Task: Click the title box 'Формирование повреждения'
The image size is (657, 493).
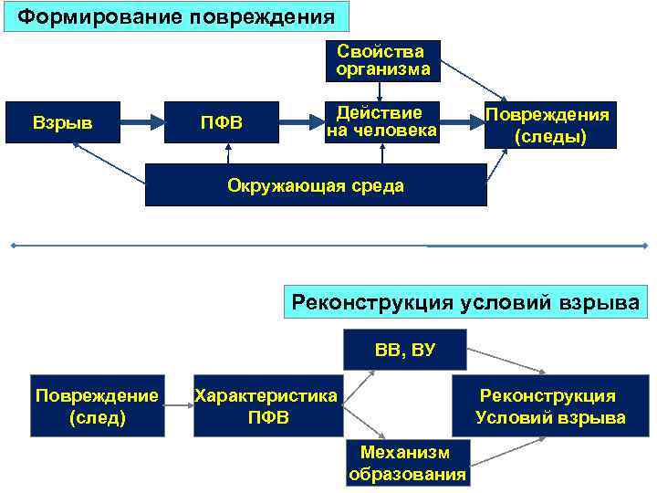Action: tap(176, 16)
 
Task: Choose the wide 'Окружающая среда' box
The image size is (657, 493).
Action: tap(315, 186)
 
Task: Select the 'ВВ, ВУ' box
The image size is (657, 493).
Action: tap(403, 350)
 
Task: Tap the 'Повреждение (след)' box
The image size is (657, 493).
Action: tap(97, 406)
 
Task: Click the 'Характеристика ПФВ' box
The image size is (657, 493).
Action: tap(266, 406)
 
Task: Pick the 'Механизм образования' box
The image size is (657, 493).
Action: tap(407, 463)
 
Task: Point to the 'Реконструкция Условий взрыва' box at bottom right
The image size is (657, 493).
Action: tap(549, 406)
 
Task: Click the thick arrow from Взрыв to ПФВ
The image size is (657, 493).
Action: tap(141, 122)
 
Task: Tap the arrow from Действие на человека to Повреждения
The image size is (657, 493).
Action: tap(462, 122)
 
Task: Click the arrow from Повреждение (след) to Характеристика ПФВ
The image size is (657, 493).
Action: tap(178, 406)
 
